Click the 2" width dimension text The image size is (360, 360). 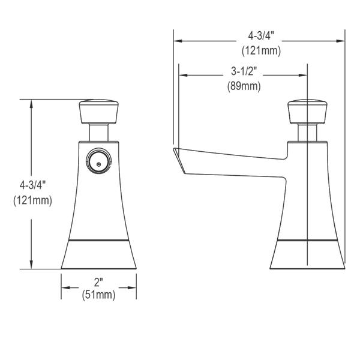(98, 282)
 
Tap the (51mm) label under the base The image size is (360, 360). (99, 295)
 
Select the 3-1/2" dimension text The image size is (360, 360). (244, 71)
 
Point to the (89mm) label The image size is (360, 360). (244, 86)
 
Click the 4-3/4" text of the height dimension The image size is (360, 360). (31, 185)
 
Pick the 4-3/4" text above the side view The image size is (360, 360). (261, 36)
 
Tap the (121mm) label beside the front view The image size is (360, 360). (33, 200)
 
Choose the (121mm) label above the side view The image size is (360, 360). (261, 50)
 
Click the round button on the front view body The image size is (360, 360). (99, 160)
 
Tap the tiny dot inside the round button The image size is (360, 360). (99, 164)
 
